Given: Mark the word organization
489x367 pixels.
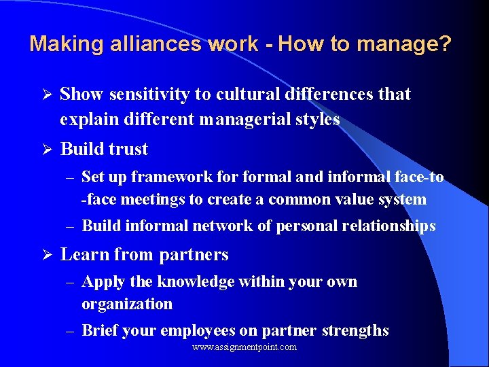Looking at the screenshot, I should coord(127,304).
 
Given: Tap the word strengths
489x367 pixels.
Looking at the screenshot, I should coord(355,331).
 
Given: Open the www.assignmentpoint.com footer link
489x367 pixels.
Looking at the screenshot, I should coord(244,347).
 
